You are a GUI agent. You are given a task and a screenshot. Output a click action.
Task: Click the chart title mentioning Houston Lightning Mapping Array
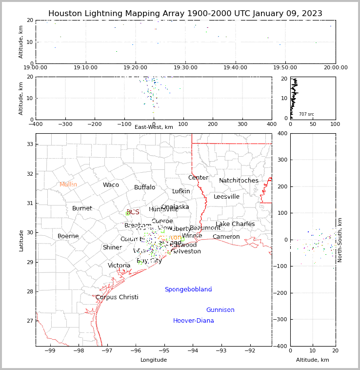pos(185,14)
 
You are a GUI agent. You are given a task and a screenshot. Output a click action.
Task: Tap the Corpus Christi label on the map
pos(117,297)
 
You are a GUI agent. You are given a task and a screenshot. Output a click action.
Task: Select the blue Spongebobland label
pos(188,289)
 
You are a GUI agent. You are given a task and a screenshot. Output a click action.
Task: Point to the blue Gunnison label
pos(220,310)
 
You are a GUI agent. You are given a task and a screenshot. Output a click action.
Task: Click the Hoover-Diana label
pos(193,321)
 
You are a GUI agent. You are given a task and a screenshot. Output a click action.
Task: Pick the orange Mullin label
pos(68,185)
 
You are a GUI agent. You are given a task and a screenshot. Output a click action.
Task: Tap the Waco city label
pos(111,185)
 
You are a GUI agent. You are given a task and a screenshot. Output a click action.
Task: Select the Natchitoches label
pos(239,181)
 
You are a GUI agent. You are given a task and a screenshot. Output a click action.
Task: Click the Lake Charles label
pos(235,224)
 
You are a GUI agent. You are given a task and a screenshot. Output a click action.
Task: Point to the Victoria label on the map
pos(119,266)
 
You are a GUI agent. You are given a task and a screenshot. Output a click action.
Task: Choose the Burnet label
pos(82,208)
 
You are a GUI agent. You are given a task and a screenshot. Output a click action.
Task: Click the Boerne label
pos(68,236)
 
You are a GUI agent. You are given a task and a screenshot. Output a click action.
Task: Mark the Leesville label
pos(226,197)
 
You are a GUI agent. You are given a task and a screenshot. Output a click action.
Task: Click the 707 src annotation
pos(306,114)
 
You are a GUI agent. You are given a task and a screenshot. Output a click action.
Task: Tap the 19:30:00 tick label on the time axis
pos(185,67)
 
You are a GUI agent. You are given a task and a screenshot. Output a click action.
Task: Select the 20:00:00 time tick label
pos(335,67)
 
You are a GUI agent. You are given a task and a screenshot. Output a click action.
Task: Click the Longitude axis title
pos(154,360)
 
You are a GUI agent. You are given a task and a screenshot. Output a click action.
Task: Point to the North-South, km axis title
pos(340,240)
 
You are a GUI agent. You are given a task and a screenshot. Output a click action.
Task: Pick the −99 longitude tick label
pos(50,350)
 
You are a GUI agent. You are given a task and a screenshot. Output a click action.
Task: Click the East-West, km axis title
pos(154,127)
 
